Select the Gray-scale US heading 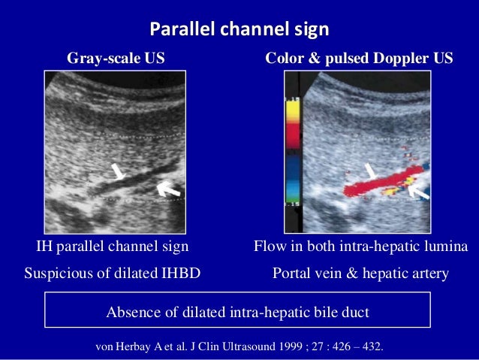[116, 58]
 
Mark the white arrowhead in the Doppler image [371, 170]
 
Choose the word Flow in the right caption [270, 247]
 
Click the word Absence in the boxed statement [133, 312]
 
